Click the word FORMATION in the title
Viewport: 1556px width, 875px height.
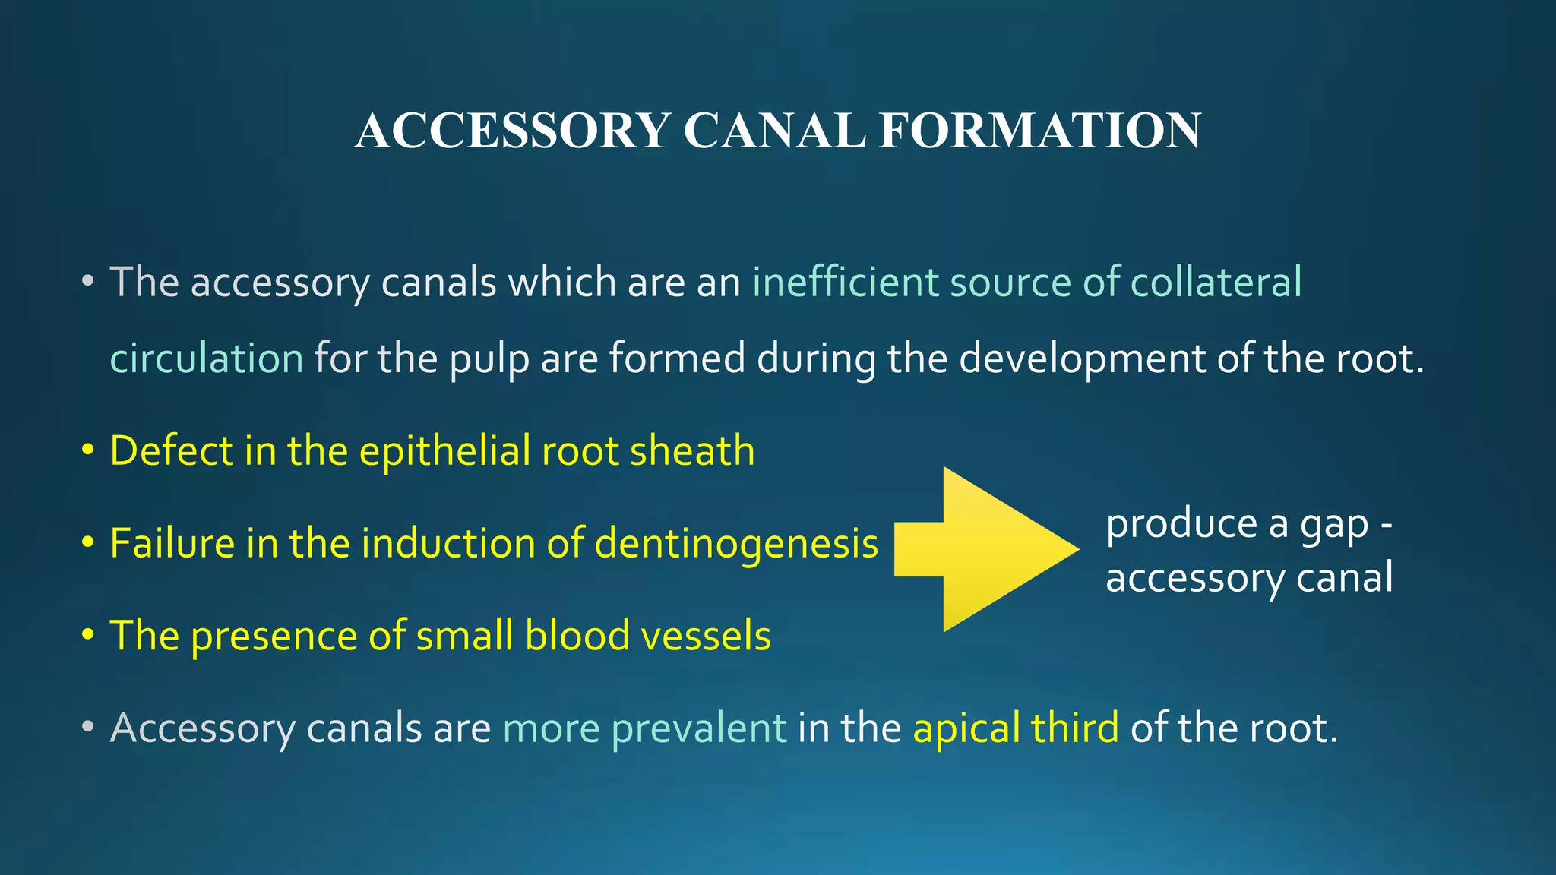(1040, 131)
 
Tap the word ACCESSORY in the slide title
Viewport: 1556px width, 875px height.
(512, 131)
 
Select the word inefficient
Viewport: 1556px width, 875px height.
(845, 282)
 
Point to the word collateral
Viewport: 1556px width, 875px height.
(1216, 282)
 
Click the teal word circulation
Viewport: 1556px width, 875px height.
(207, 358)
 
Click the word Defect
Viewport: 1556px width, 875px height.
(172, 450)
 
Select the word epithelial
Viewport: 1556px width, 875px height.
(444, 452)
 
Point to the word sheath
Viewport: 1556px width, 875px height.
(692, 450)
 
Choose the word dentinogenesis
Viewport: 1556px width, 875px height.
(735, 545)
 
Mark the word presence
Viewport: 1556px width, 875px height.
(274, 637)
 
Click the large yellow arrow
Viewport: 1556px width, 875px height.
(988, 549)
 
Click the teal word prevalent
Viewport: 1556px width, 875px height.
(698, 728)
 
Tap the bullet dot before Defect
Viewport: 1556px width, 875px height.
(88, 450)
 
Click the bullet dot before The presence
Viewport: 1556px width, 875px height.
(88, 634)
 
